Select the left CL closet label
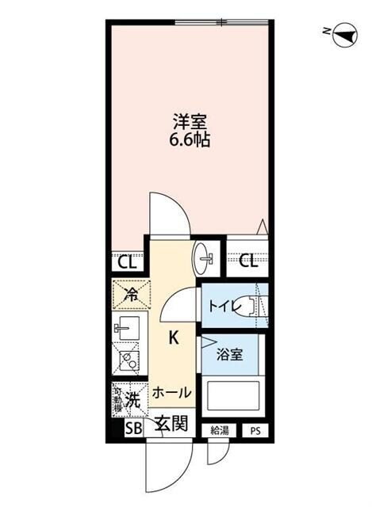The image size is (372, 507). tap(126, 261)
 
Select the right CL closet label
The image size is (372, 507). tap(248, 261)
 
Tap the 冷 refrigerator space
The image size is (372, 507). tap(129, 295)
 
